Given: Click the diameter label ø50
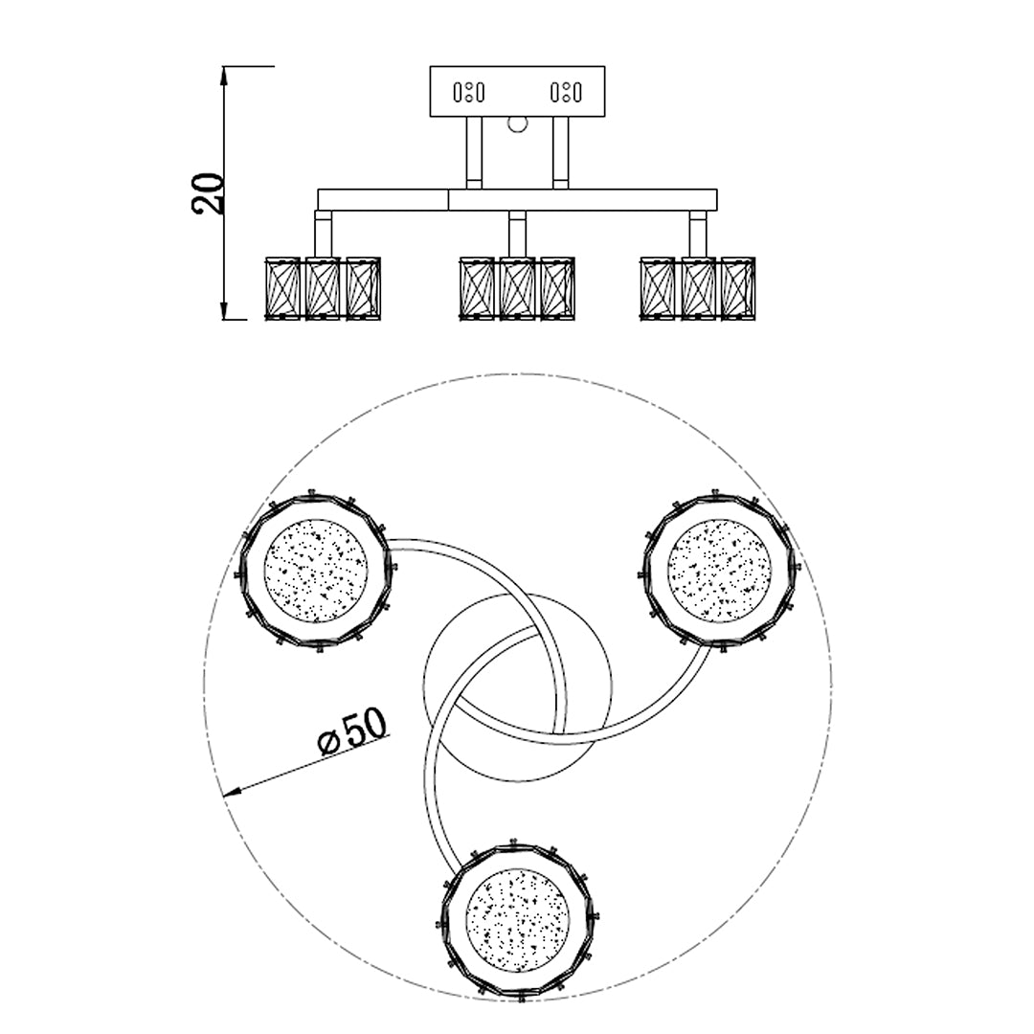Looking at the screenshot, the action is [352, 731].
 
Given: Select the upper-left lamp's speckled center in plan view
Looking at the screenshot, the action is [316, 571].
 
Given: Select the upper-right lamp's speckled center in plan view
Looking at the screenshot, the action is [719, 571].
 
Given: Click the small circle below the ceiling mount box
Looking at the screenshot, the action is [518, 124].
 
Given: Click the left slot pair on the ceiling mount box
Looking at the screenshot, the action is [469, 92].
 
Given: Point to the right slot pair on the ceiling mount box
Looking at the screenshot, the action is [566, 92].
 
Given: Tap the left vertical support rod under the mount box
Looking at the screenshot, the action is [474, 153].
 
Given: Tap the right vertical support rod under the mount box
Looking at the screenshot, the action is [560, 153].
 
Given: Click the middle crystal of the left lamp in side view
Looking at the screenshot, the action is [323, 288].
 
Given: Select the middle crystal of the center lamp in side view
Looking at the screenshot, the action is [518, 288].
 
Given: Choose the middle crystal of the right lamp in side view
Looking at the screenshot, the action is [698, 288].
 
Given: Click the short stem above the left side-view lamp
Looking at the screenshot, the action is [324, 235].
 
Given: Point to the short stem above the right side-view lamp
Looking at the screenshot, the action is [698, 235].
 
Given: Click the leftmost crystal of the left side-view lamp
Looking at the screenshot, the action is [281, 288].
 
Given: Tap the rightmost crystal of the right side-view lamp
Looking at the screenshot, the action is [738, 288].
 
